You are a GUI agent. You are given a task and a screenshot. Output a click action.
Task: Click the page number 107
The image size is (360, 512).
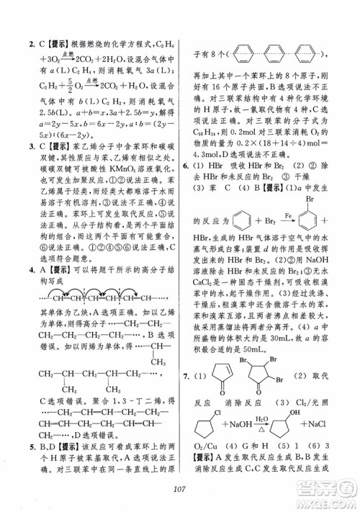(181, 491)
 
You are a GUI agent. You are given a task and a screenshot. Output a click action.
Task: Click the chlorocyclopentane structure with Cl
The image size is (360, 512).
(217, 430)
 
